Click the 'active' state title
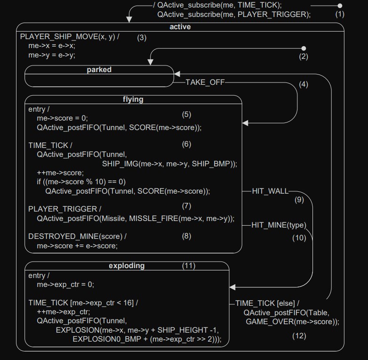click(x=180, y=27)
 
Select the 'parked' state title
click(x=99, y=70)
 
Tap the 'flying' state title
click(x=133, y=99)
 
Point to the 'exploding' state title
click(x=127, y=266)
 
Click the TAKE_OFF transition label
click(x=205, y=82)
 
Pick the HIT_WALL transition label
click(x=270, y=191)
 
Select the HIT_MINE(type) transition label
click(x=279, y=225)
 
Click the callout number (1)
click(x=340, y=14)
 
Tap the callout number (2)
click(x=304, y=57)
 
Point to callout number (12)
click(x=299, y=336)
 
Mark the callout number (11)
click(x=189, y=266)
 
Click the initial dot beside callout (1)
click(x=340, y=6)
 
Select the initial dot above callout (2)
click(x=304, y=49)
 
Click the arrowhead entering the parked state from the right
click(x=177, y=74)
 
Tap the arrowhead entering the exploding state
click(x=232, y=287)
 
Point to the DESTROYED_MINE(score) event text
click(x=78, y=236)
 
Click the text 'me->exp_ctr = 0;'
click(x=66, y=285)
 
